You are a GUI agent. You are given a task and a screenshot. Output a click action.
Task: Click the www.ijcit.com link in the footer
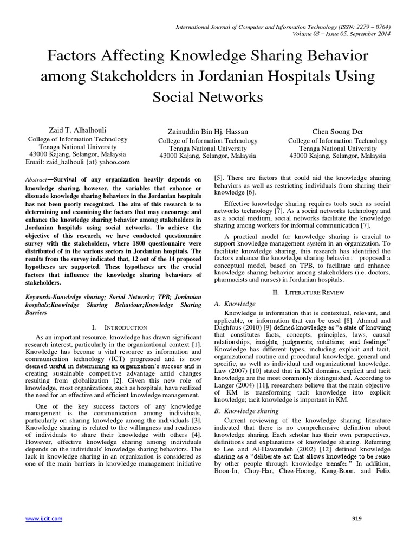click(x=44, y=519)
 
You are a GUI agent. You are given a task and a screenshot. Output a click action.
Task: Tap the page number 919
click(x=356, y=519)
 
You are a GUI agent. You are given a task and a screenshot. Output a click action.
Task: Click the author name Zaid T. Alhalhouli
click(x=77, y=131)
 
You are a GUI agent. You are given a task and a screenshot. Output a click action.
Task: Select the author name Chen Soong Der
click(x=337, y=132)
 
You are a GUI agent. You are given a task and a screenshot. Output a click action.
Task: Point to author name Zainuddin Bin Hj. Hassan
click(x=207, y=132)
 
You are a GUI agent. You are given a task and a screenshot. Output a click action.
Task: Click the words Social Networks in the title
click(x=207, y=97)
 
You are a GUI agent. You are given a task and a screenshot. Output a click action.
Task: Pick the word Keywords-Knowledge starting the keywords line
click(x=53, y=298)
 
